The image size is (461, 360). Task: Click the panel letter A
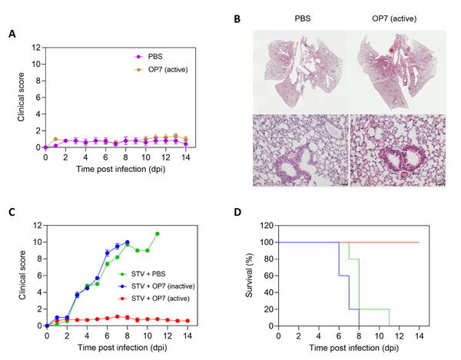[12, 34]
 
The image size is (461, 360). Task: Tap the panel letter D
[237, 212]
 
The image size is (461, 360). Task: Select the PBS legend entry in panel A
[148, 57]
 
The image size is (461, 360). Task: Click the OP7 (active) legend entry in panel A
[161, 70]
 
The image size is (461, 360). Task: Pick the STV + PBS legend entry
[142, 274]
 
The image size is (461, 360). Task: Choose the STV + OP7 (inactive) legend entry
[157, 286]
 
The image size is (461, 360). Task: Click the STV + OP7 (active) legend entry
[154, 299]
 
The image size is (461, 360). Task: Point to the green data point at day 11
[158, 234]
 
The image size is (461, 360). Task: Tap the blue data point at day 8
[128, 243]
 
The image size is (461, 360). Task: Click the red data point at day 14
[187, 321]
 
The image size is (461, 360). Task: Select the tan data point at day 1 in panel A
[55, 139]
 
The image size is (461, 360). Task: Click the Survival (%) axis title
[249, 275]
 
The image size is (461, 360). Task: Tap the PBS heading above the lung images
[303, 18]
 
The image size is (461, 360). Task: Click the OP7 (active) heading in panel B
[394, 18]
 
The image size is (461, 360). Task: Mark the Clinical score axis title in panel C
[22, 275]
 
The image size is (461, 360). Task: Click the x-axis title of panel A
[121, 170]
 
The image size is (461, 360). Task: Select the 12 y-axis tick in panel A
[36, 48]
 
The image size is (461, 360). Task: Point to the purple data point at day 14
[186, 144]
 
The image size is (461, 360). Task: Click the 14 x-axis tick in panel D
[420, 335]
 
